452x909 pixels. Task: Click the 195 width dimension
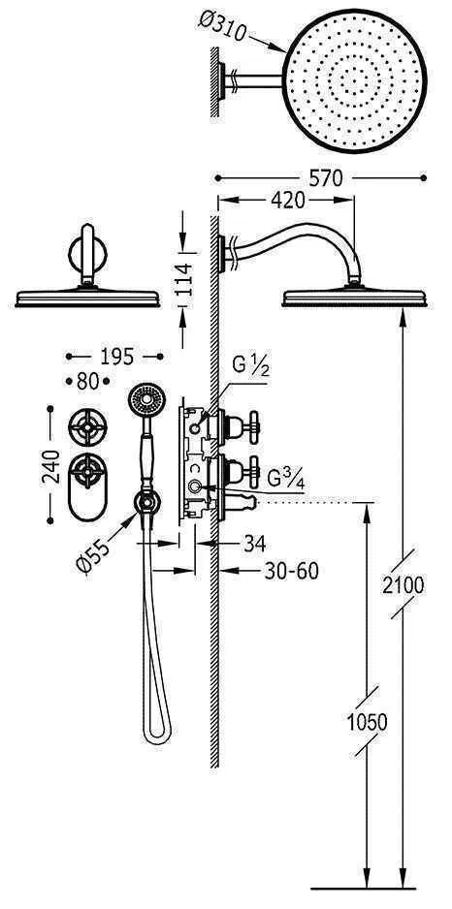tap(113, 357)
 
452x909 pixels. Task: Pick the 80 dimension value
tap(88, 382)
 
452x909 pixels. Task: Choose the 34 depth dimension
tap(255, 544)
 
